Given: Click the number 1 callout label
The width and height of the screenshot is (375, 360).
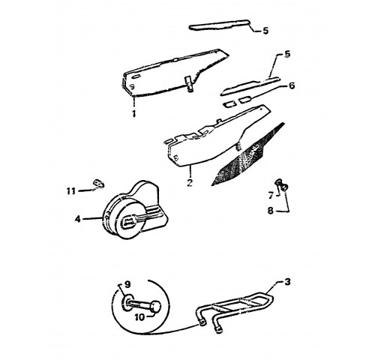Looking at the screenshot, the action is (x=134, y=114).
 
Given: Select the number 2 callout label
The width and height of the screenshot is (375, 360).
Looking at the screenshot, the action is (x=190, y=182).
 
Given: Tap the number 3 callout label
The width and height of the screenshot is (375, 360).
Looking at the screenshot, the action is (x=287, y=282).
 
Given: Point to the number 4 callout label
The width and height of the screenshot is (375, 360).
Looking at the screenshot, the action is (x=78, y=219).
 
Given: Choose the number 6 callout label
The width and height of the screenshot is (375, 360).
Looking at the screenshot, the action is (x=292, y=85).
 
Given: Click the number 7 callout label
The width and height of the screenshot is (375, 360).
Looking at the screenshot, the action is (x=271, y=195).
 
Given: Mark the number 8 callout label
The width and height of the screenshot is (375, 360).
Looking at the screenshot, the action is (x=271, y=211).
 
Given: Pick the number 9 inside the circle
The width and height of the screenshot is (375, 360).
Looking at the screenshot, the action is (x=127, y=284).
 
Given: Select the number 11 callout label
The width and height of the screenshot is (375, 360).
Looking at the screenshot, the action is (x=70, y=191).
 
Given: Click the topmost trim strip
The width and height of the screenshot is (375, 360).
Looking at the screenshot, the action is (x=220, y=25).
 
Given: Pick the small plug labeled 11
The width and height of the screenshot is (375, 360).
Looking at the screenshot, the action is (x=99, y=183).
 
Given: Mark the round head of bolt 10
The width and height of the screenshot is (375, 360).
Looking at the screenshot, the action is (x=156, y=307).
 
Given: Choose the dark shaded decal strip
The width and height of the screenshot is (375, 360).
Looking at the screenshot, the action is (x=247, y=155).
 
